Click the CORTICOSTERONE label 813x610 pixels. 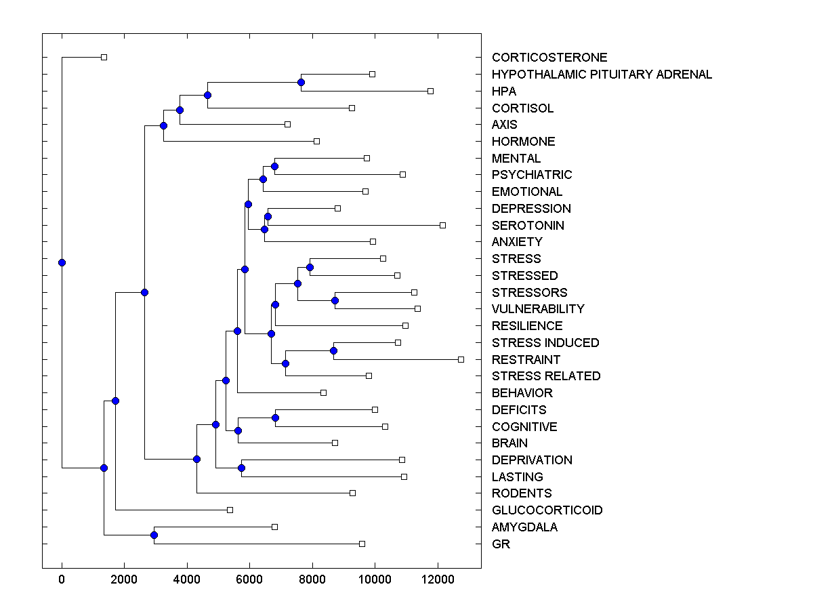coord(549,58)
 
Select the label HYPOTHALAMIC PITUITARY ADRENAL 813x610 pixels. coord(602,75)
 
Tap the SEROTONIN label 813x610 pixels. coord(528,225)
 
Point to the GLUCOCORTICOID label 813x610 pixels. coord(547,510)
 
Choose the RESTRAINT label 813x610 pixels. coord(526,359)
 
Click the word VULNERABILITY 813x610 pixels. coord(538,308)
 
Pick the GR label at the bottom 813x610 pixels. coord(501,544)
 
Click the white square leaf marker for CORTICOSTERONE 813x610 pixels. coord(104,57)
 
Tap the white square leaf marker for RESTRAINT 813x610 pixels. coord(461,359)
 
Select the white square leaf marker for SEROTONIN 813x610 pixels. coord(442,225)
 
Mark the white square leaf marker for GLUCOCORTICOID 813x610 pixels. coord(230,510)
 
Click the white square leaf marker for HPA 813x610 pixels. coord(430,91)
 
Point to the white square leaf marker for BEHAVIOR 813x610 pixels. coord(323,392)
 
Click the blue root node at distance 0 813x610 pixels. coord(62,262)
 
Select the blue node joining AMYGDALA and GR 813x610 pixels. coord(154,535)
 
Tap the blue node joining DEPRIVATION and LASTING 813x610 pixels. coord(241,468)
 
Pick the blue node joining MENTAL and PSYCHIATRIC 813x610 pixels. coord(274,166)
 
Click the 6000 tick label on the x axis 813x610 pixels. coord(249,579)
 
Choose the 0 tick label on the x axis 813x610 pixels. coord(62,579)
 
